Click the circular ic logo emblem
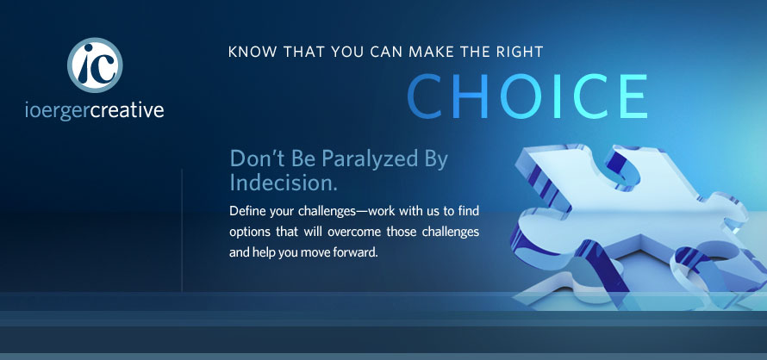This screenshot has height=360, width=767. (95, 65)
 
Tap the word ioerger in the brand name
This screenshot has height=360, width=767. (57, 111)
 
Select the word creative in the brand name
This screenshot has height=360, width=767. (128, 109)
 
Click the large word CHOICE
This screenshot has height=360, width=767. (527, 96)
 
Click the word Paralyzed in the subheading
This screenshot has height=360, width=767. (367, 160)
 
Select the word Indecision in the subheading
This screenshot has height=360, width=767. (284, 183)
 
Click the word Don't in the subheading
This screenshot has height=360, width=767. (254, 159)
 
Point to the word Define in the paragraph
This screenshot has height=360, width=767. (243, 211)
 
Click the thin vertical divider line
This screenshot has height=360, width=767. (182, 230)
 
